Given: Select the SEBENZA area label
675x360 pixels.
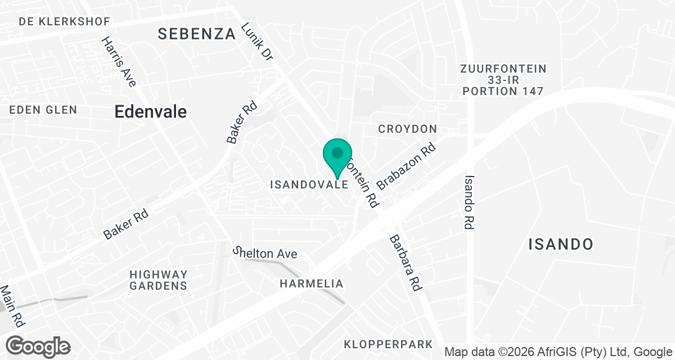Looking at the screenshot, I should pos(196,34).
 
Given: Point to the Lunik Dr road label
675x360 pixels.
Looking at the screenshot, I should pos(257,42).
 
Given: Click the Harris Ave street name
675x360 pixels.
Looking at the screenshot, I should pos(119,62).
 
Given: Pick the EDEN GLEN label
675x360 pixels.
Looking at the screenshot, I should pos(43,110).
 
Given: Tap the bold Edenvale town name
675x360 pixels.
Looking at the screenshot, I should pos(150,111).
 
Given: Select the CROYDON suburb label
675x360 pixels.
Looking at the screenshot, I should pos(408,129).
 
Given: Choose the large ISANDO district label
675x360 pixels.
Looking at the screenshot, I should pos(561,244).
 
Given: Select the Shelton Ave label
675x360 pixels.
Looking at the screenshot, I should pos(265,254).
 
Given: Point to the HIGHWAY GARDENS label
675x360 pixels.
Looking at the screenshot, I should pos(158,280).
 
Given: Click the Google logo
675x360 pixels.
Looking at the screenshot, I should pos(38,345).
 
